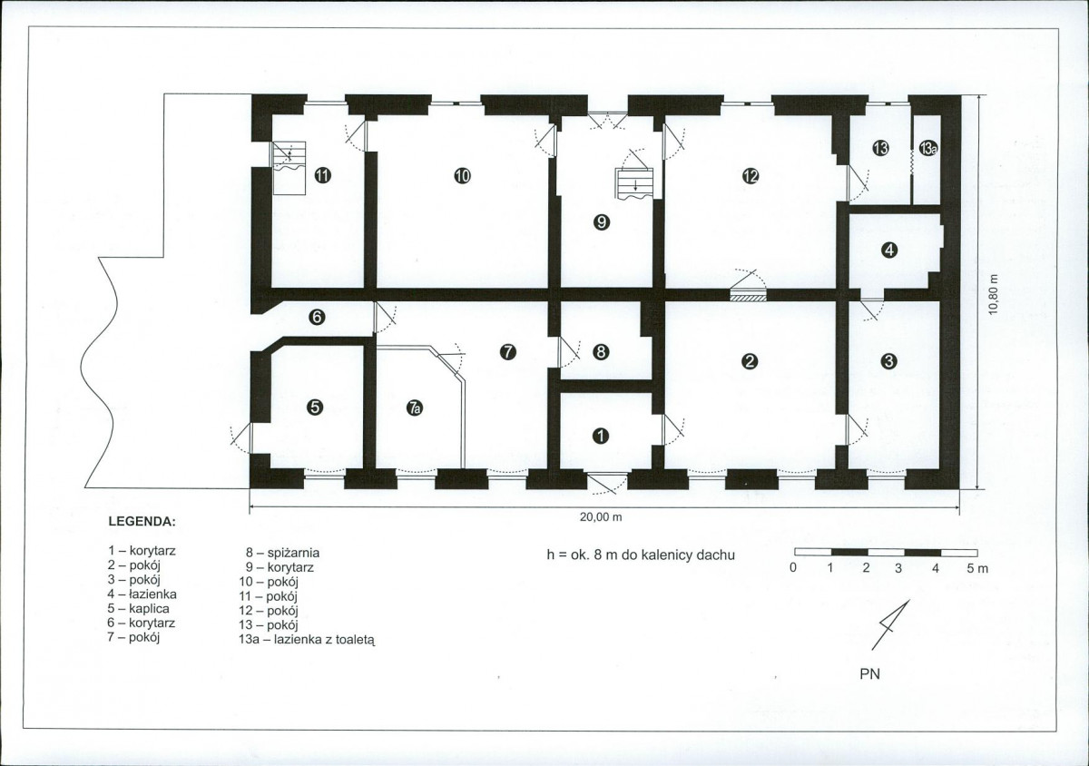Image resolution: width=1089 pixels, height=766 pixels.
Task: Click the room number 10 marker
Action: click(x=462, y=175)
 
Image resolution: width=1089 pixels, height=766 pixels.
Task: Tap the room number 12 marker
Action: click(x=751, y=175)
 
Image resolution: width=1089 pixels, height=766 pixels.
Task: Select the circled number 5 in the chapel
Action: click(x=315, y=407)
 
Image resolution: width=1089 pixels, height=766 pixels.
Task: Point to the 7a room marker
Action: click(x=414, y=408)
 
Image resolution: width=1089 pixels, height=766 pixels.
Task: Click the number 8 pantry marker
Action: click(x=602, y=351)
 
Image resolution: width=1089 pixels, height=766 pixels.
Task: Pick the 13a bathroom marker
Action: click(x=927, y=148)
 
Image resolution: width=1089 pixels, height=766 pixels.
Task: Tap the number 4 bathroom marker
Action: click(x=889, y=250)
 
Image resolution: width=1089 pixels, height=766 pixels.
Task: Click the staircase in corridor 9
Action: click(x=634, y=184)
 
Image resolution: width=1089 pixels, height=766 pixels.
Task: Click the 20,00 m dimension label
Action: click(x=601, y=517)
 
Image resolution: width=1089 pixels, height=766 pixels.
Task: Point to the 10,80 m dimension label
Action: click(x=993, y=294)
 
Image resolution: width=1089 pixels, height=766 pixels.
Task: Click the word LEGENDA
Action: click(x=142, y=522)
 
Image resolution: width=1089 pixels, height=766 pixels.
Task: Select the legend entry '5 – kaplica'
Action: click(x=139, y=608)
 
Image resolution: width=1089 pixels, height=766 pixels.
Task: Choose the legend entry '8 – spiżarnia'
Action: click(x=282, y=553)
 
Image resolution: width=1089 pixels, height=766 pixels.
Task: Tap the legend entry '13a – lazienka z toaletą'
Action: click(x=307, y=640)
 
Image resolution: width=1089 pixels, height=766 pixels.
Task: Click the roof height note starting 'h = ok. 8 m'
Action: click(x=641, y=555)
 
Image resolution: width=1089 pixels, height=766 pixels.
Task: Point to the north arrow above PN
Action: click(x=890, y=625)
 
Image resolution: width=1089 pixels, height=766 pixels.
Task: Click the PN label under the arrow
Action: click(x=869, y=674)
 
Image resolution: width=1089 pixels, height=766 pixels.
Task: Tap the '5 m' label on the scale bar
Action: click(x=977, y=568)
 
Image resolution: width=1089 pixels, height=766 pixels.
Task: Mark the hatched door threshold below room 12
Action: click(x=748, y=295)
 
